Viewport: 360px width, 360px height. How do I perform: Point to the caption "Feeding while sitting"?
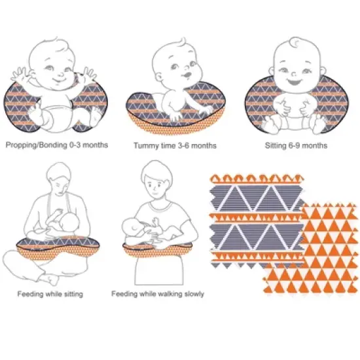pyautogui.click(x=50, y=294)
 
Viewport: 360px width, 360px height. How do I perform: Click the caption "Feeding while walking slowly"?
pyautogui.click(x=157, y=294)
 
